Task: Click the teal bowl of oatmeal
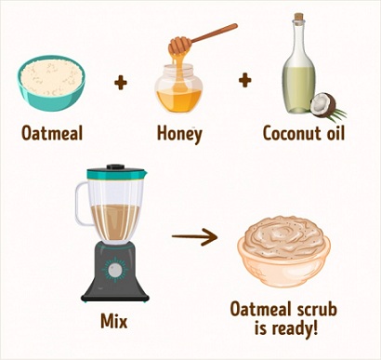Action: [x=51, y=83]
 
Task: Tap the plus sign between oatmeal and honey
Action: [x=121, y=83]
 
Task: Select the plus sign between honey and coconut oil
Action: [x=244, y=80]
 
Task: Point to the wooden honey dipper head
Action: [x=179, y=46]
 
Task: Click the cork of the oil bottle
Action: [x=298, y=17]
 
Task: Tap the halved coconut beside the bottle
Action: [x=323, y=105]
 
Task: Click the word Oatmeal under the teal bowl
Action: [x=52, y=134]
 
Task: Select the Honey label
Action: [x=179, y=134]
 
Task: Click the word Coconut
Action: [x=292, y=134]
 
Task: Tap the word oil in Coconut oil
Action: [x=335, y=133]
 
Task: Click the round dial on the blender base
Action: [x=115, y=270]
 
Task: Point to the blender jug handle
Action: [x=81, y=204]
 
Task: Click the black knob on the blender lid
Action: [x=115, y=167]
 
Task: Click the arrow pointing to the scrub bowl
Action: [x=194, y=236]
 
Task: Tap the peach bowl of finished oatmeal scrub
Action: [x=283, y=251]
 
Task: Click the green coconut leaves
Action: [x=337, y=116]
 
